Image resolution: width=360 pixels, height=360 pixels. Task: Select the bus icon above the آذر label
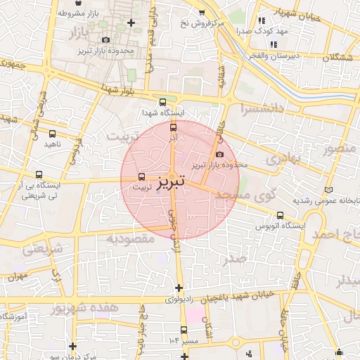(174, 127)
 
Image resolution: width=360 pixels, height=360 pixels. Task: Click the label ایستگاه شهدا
(162, 112)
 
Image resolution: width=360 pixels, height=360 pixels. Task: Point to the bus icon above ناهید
(53, 134)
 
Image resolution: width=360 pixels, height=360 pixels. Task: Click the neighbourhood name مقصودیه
(130, 239)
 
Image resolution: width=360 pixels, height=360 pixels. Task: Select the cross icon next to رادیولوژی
(179, 287)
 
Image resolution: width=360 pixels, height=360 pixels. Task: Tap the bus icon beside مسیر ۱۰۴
(184, 330)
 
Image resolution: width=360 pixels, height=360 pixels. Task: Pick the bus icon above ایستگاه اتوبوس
(281, 215)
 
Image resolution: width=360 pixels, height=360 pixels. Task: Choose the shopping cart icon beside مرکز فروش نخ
(202, 12)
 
